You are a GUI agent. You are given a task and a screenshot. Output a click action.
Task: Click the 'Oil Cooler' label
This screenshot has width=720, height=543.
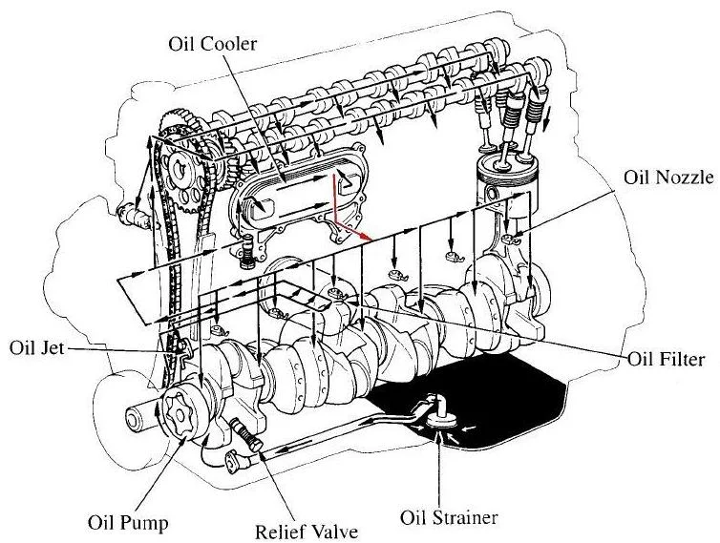[x=214, y=44]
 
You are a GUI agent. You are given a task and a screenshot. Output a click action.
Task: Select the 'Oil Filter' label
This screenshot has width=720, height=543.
[x=667, y=360]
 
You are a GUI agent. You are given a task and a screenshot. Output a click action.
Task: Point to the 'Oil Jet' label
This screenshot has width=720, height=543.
[x=35, y=346]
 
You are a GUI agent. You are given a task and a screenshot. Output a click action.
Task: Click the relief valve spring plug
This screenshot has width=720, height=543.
[x=249, y=440]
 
